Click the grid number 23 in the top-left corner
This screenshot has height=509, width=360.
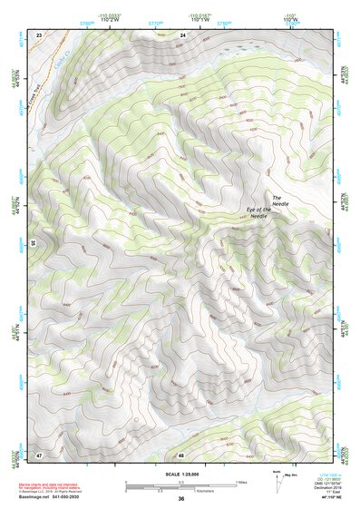point(39,34)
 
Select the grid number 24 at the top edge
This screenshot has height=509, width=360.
point(182,34)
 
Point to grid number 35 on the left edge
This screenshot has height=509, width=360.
point(34,243)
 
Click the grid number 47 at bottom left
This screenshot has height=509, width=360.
point(39,454)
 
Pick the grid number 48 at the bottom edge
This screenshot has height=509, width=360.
point(181,454)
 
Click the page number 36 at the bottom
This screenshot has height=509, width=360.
point(181,499)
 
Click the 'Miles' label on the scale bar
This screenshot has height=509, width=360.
point(240,481)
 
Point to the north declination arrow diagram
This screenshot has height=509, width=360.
point(277,482)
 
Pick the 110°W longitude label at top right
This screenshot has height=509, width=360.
point(290,20)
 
